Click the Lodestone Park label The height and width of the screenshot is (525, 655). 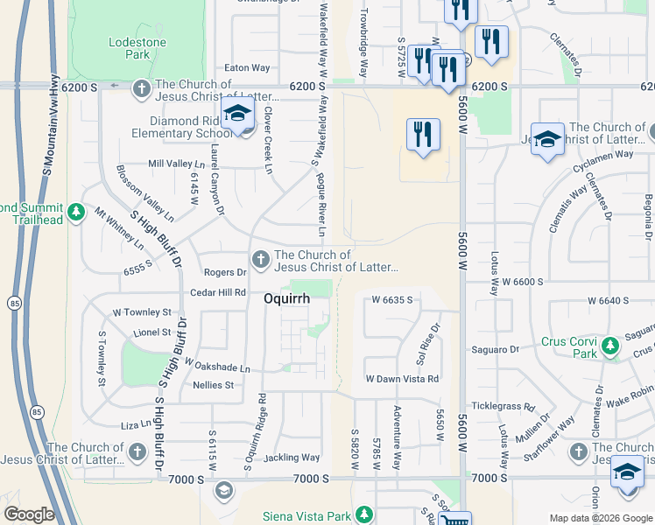click(130, 48)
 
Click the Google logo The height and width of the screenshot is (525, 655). click(29, 514)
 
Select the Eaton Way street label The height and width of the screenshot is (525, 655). click(247, 67)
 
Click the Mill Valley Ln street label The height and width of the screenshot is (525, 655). click(176, 164)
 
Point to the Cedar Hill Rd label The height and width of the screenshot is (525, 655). click(218, 292)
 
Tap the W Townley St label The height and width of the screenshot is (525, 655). click(142, 312)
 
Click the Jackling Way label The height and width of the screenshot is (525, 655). click(292, 458)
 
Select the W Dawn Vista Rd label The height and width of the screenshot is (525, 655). click(402, 378)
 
